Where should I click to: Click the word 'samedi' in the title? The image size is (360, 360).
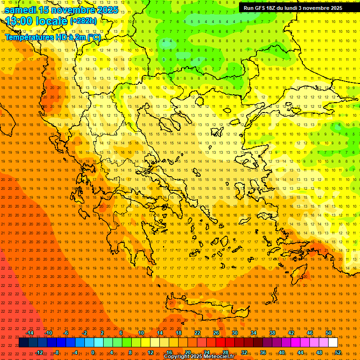tap(21, 10)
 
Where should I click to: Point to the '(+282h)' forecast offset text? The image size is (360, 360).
tap(83, 21)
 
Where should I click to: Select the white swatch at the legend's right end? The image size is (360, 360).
tap(333, 343)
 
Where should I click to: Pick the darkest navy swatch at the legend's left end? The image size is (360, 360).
tap(23, 343)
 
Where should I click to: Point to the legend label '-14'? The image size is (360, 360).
tap(30, 333)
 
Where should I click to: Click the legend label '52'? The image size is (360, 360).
tap(338, 352)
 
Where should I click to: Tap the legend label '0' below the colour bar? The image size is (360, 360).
tap(93, 352)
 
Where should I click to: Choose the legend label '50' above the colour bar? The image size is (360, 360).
tap(329, 333)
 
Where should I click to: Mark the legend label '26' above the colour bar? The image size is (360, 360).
tap(216, 333)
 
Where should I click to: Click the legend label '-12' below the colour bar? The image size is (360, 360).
tap(39, 352)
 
